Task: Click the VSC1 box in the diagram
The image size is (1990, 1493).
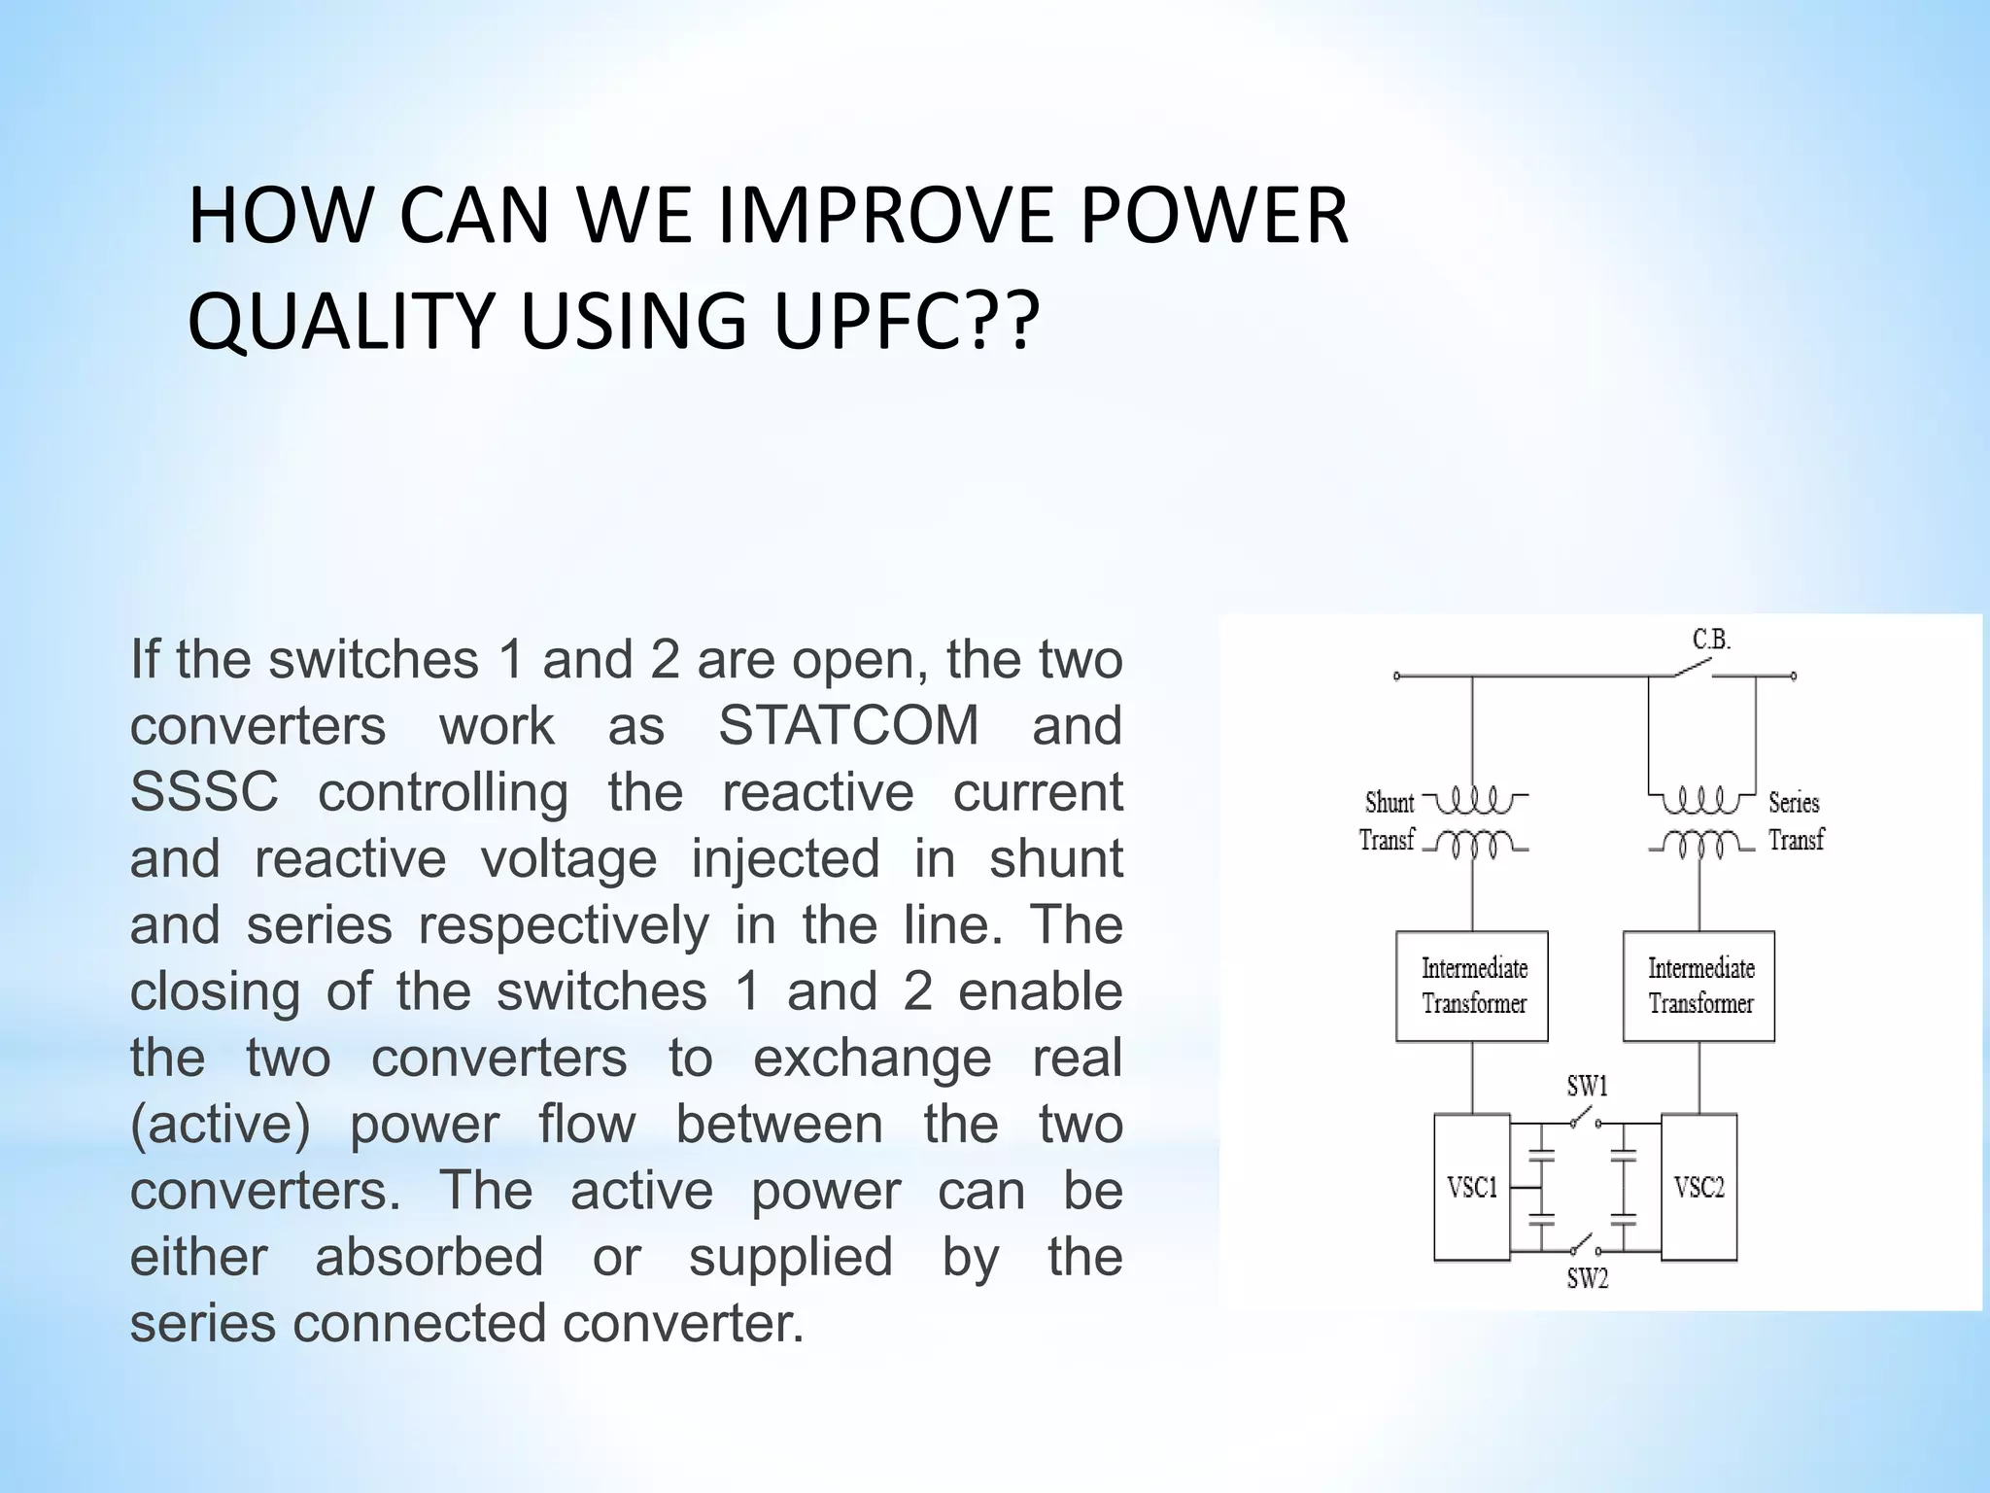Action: pyautogui.click(x=1472, y=1187)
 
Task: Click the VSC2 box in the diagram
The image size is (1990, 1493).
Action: pyautogui.click(x=1698, y=1187)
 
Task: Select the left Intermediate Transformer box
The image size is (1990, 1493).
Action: pyautogui.click(x=1472, y=986)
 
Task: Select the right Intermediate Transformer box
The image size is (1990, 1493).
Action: pyautogui.click(x=1698, y=986)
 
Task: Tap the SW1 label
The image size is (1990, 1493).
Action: pyautogui.click(x=1587, y=1086)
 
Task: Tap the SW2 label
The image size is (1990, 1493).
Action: pyautogui.click(x=1587, y=1278)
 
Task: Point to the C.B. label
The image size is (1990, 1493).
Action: pyautogui.click(x=1711, y=640)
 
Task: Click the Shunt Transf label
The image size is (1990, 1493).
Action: pyautogui.click(x=1388, y=820)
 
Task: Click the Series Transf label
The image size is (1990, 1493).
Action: pyautogui.click(x=1796, y=820)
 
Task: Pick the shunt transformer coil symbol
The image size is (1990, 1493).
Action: pyautogui.click(x=1473, y=821)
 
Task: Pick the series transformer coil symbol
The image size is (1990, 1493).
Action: pyautogui.click(x=1700, y=821)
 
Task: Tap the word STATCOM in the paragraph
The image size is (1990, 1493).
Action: pyautogui.click(x=848, y=726)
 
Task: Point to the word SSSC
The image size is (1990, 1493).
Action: pyautogui.click(x=204, y=792)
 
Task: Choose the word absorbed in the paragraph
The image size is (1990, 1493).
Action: pyautogui.click(x=429, y=1257)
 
